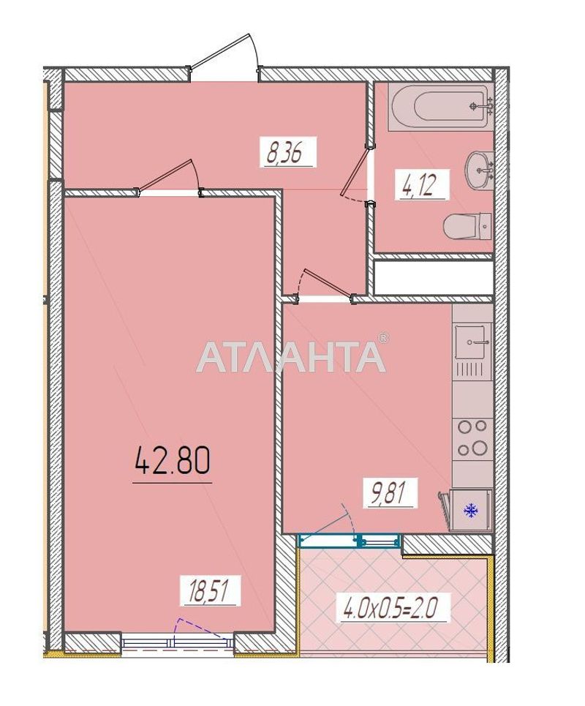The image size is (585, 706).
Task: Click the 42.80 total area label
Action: pyautogui.click(x=172, y=461)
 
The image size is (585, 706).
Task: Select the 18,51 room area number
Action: pyautogui.click(x=211, y=590)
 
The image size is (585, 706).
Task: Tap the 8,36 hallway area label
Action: pyautogui.click(x=287, y=154)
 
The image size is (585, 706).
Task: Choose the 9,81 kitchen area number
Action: pyautogui.click(x=389, y=495)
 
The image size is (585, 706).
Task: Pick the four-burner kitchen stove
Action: pyautogui.click(x=471, y=438)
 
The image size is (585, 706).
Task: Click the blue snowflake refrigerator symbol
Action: pyautogui.click(x=472, y=510)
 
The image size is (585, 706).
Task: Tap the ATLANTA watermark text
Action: pyautogui.click(x=291, y=356)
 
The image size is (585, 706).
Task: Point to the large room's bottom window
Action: pyautogui.click(x=177, y=642)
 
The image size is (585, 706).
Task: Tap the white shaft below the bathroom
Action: pyautogui.click(x=434, y=277)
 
